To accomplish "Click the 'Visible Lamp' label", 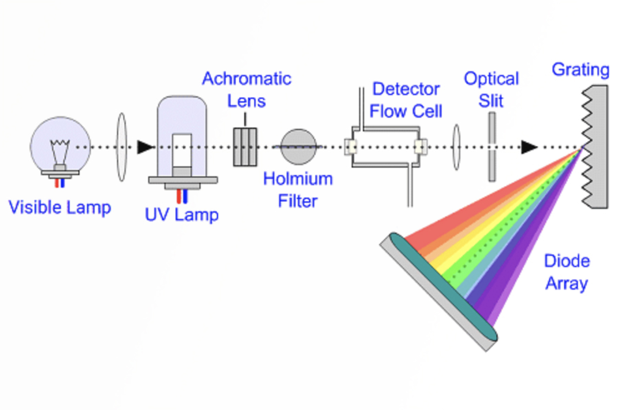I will click(59, 208).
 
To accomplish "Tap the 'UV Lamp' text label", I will click(182, 215).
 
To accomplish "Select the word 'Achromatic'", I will click(246, 79).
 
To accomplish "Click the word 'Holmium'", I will click(298, 179).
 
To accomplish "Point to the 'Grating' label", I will click(580, 70).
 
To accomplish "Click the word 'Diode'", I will click(567, 261).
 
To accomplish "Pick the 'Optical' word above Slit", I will click(491, 79).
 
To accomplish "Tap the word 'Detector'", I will click(406, 89).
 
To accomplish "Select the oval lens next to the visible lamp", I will click(122, 147).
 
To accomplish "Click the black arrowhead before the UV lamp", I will click(145, 147).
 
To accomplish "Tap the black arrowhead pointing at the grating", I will click(529, 147).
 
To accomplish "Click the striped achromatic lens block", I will click(245, 147).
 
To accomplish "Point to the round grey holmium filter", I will click(298, 147).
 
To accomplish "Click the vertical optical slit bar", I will click(492, 147).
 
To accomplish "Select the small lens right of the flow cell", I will click(456, 147).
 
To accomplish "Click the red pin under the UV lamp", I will click(179, 196).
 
